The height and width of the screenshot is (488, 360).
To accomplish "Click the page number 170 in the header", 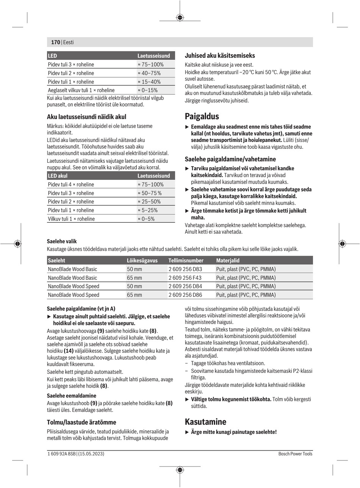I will click(x=55, y=42).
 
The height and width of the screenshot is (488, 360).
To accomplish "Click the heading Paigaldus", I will click(x=202, y=116).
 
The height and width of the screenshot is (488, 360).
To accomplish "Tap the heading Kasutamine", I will click(x=205, y=422).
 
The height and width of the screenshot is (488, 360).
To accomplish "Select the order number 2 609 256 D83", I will click(x=185, y=269).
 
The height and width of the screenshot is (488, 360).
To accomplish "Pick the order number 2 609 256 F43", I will click(x=185, y=278).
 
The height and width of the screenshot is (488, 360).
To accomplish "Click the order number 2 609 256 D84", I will click(x=185, y=286).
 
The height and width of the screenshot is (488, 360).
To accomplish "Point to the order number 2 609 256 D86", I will click(x=185, y=295).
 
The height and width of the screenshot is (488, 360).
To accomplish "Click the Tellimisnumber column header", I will click(x=186, y=260).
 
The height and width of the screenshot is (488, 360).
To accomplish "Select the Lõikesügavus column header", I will click(x=142, y=260).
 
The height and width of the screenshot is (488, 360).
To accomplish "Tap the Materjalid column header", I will click(x=228, y=260).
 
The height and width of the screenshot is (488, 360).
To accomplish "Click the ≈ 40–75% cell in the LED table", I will click(x=149, y=73).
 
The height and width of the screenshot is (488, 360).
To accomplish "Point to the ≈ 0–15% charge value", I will click(x=147, y=90).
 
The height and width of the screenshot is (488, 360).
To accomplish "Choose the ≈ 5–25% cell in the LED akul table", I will click(x=147, y=210).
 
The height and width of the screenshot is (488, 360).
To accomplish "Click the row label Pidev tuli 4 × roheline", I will click(x=71, y=184).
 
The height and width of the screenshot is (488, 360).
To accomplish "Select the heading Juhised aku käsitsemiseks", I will click(x=220, y=55).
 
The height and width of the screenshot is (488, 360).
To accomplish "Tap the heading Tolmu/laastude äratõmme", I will click(x=81, y=422).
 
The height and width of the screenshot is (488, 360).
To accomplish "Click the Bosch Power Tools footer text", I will click(x=295, y=454).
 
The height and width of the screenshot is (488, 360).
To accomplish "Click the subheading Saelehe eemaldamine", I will click(x=71, y=396).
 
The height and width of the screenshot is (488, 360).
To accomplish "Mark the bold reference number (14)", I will click(x=69, y=351).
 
